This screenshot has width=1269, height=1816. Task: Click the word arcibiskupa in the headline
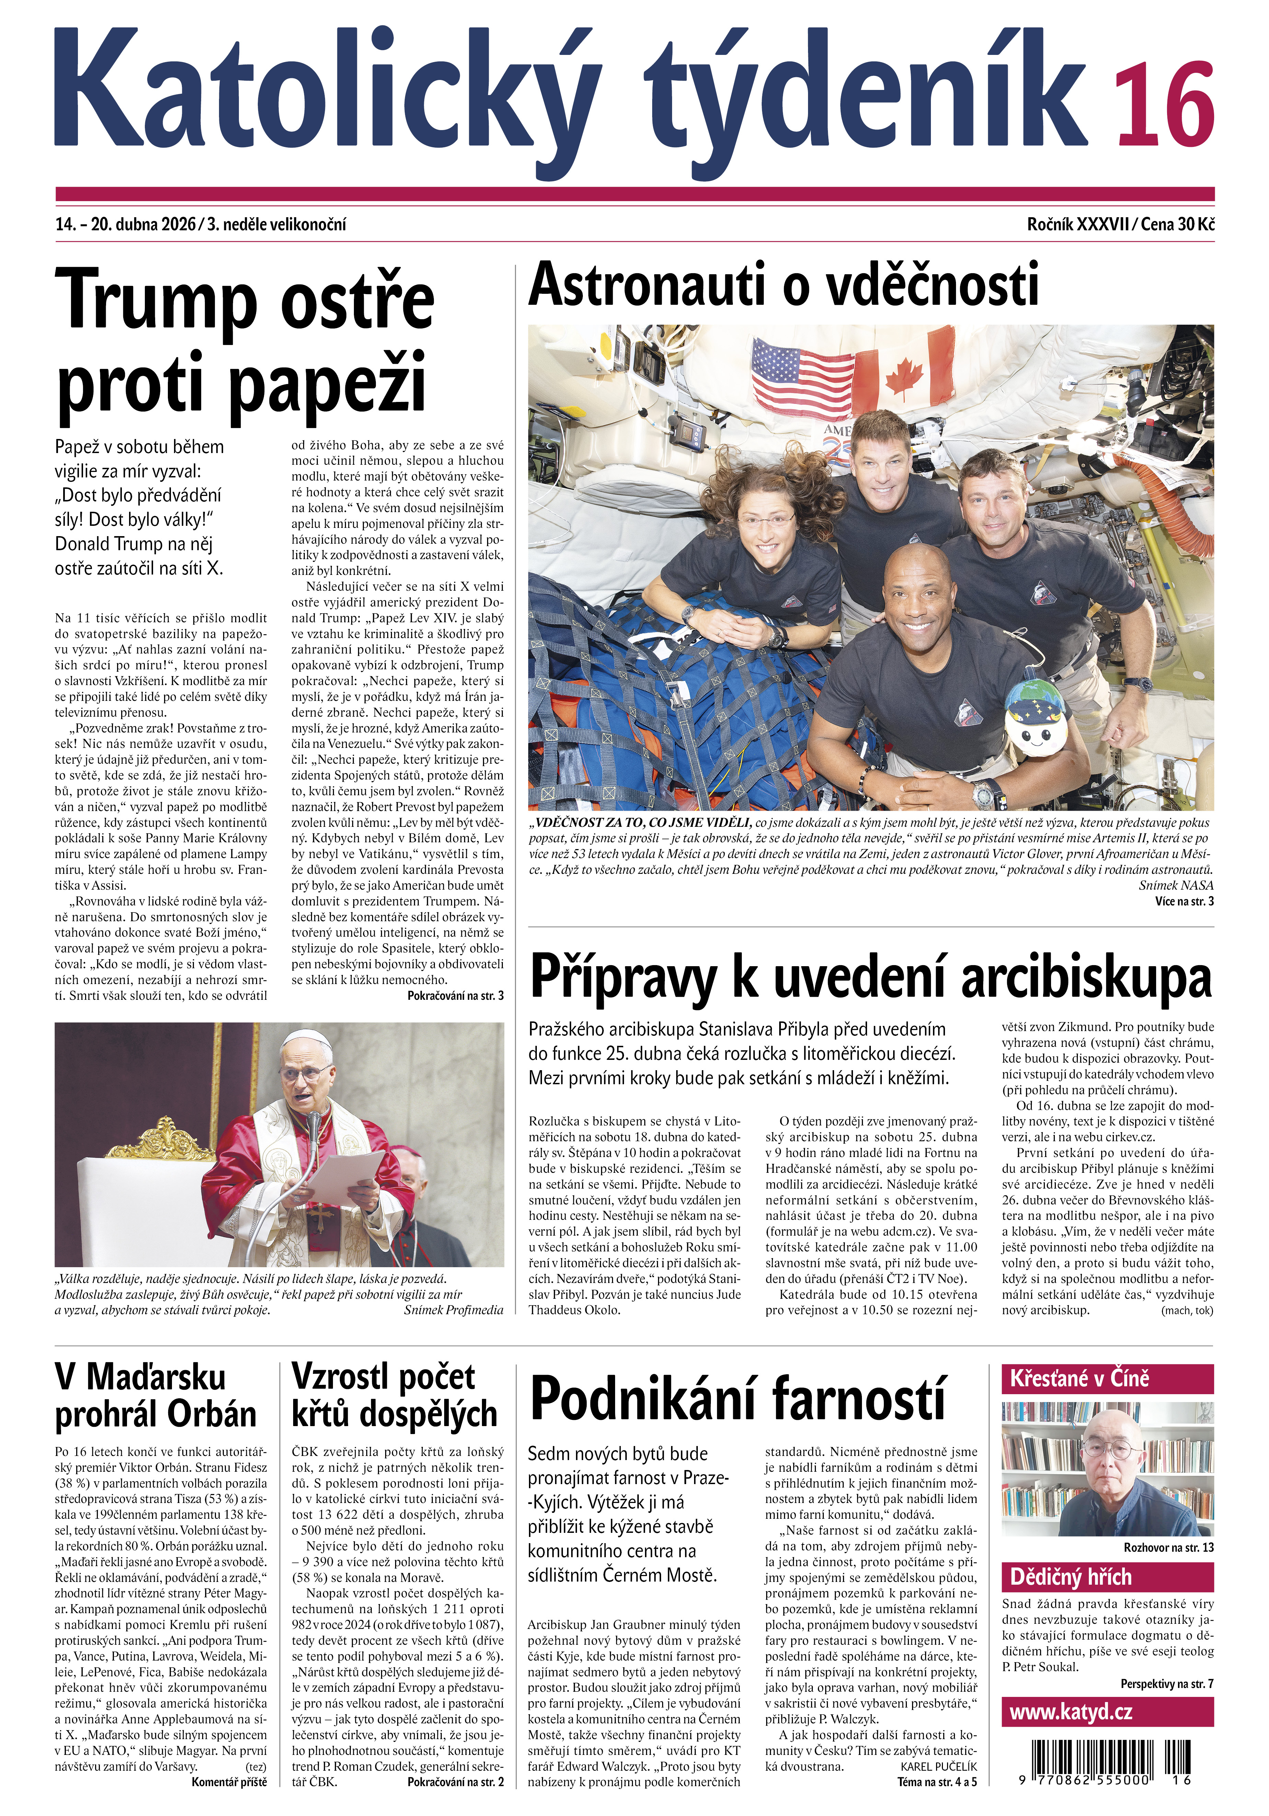(1086, 979)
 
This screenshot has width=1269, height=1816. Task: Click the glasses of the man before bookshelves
(1108, 1468)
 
